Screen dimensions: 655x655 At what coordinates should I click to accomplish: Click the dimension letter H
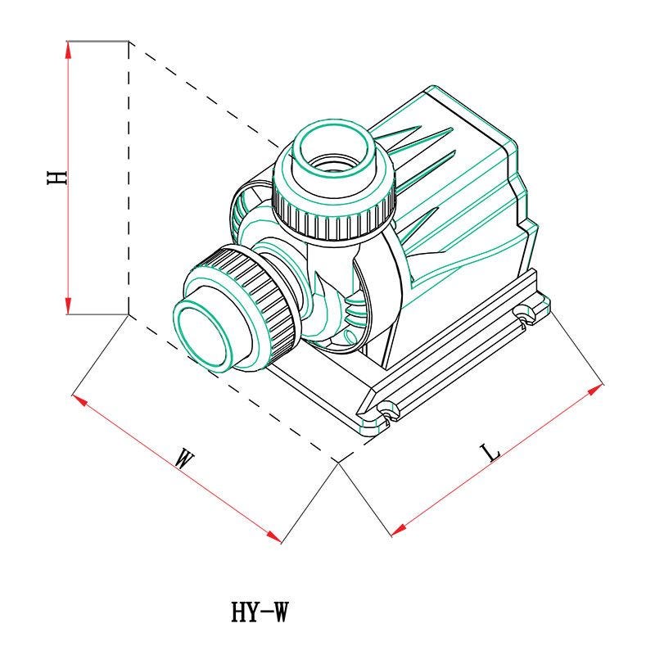tap(56, 178)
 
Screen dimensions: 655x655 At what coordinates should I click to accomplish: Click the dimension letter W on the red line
tap(183, 458)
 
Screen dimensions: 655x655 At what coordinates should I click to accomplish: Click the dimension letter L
tap(490, 453)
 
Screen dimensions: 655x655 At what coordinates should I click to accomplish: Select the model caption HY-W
tap(260, 612)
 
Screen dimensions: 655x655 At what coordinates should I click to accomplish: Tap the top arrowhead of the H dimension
tap(69, 49)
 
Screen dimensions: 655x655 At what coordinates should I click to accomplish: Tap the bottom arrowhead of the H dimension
tap(69, 305)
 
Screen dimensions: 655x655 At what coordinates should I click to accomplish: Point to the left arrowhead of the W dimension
tap(79, 400)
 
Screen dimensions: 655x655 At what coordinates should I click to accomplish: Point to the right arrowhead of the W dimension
tap(273, 537)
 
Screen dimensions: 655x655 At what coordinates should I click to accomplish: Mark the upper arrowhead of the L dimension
tap(595, 390)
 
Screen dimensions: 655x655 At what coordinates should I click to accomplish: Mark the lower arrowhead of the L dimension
tap(400, 530)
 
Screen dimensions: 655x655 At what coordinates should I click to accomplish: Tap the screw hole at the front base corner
tap(387, 409)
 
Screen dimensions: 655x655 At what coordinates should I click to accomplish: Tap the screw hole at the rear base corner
tap(524, 314)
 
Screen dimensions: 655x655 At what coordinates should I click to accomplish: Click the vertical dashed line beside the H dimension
tap(129, 178)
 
